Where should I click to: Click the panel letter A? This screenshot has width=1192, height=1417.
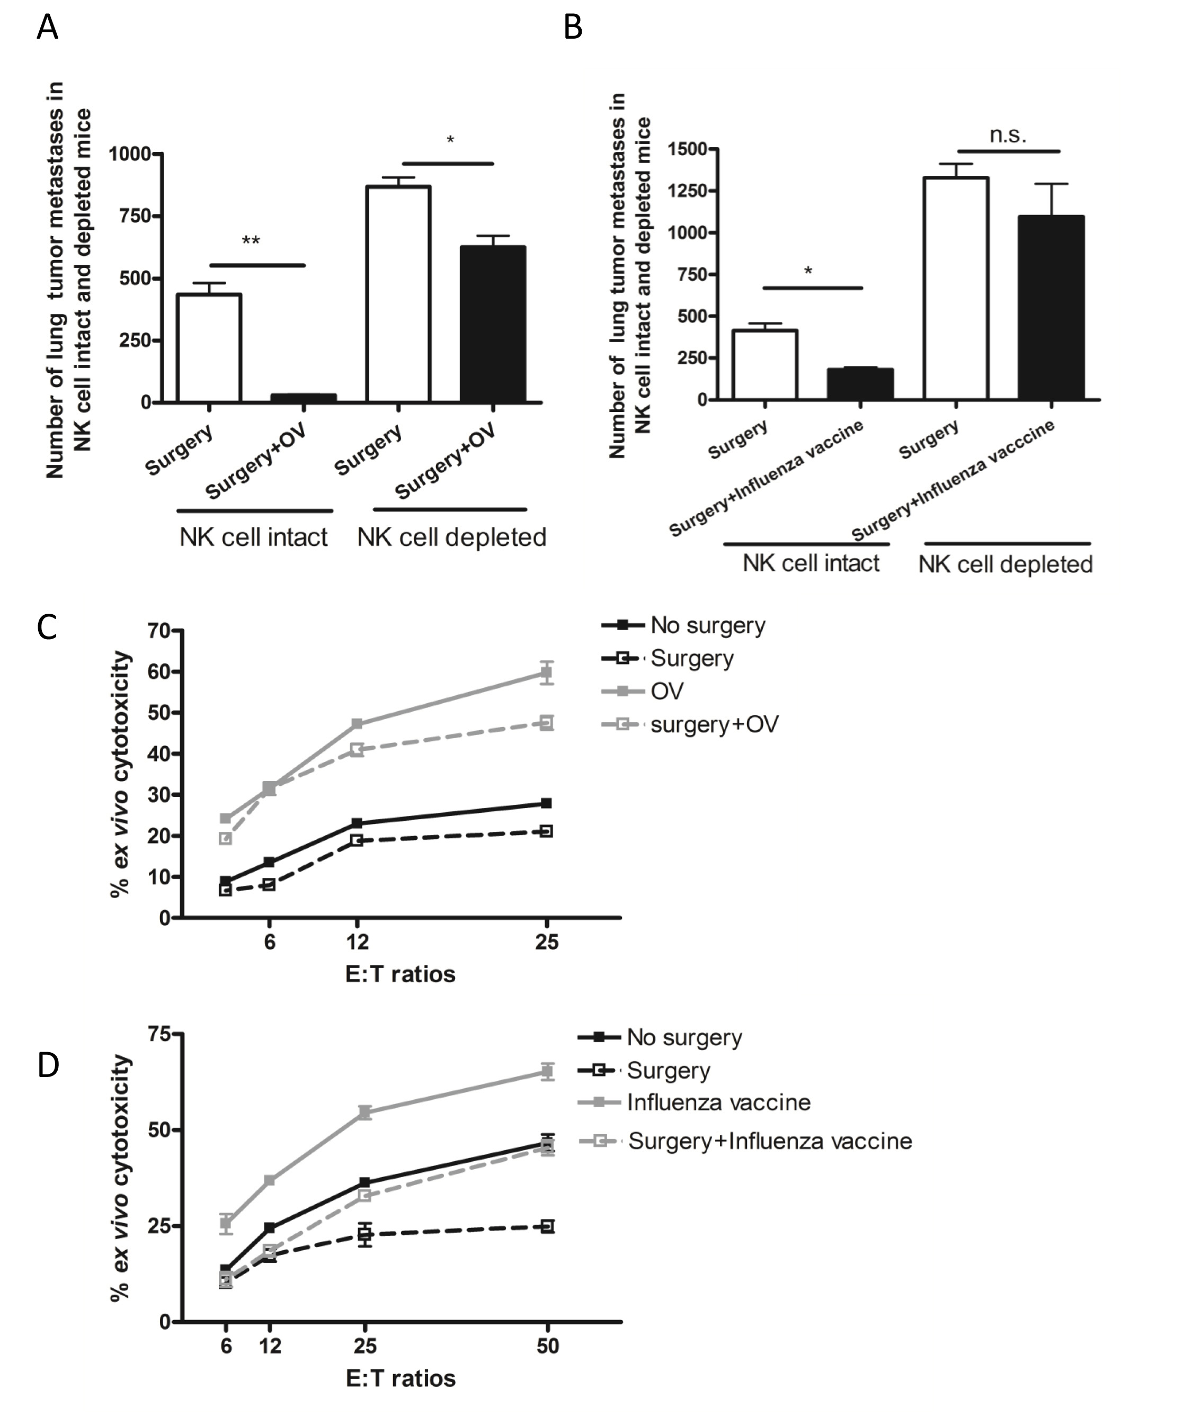pos(47,29)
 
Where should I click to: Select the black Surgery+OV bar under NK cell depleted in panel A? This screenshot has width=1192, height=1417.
pos(493,324)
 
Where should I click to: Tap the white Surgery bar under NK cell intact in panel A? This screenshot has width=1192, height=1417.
pos(209,348)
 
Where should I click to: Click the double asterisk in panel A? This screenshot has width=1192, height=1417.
pos(251,241)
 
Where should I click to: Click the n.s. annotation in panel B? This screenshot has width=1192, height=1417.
pos(1008,135)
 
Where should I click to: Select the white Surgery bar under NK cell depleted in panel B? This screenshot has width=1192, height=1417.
pos(956,288)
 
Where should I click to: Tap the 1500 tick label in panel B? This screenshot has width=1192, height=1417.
pos(687,149)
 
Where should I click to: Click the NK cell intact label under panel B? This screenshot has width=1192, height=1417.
pos(811,563)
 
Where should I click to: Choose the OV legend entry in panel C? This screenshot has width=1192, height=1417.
pos(666,691)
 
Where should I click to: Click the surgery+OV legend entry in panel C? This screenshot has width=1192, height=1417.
pos(714,724)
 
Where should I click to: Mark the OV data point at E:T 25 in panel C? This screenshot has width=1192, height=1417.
pos(547,672)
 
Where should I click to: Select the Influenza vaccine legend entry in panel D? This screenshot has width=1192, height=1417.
pos(718,1102)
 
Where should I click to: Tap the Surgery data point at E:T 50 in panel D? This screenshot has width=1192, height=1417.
pos(547,1226)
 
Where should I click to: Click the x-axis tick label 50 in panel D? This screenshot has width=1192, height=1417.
pos(547,1346)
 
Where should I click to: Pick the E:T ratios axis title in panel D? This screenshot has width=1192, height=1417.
pos(400,1378)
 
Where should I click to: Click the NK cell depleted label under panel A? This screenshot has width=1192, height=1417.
pos(451,537)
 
